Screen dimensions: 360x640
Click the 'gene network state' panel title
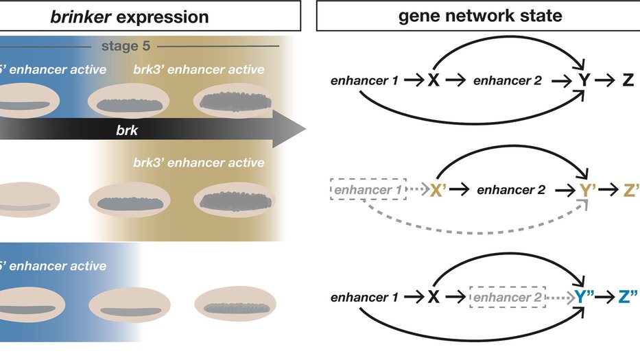pyautogui.click(x=480, y=15)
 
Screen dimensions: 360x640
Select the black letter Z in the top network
pyautogui.click(x=628, y=81)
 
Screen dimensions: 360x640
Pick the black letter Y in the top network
pyautogui.click(x=584, y=81)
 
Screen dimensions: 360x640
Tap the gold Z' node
pyautogui.click(x=630, y=190)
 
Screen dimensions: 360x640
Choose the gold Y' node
pyautogui.click(x=586, y=190)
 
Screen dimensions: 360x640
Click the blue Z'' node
pyautogui.click(x=627, y=298)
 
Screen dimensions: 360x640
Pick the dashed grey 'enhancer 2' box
pyautogui.click(x=508, y=298)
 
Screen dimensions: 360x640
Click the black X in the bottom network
pyautogui.click(x=434, y=298)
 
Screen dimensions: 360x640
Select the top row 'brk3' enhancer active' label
pyautogui.click(x=199, y=69)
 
